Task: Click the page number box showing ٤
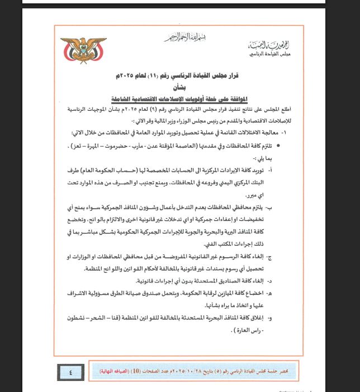coord(72,371)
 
